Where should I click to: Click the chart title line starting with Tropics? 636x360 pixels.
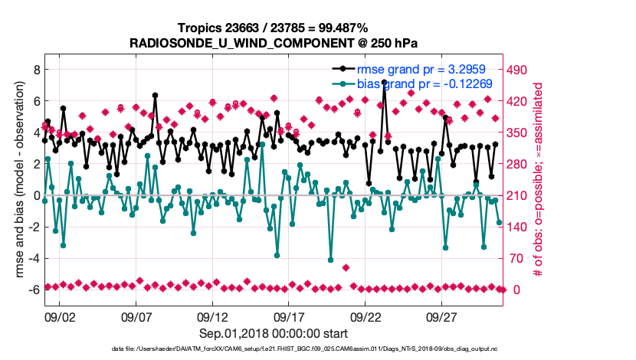point(274,28)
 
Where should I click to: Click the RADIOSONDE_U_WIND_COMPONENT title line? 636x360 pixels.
point(274,42)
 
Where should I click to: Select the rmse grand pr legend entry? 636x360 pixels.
point(418,70)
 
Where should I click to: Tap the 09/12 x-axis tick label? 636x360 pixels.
point(212,316)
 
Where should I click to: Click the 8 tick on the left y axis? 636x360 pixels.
point(35,70)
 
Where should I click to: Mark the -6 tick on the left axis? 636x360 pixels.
point(32,290)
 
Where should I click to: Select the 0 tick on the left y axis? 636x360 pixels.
point(35,195)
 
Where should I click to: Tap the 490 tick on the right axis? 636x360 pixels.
point(519,70)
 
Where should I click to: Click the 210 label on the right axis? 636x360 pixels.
point(519,195)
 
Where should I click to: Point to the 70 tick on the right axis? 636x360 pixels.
point(516,258)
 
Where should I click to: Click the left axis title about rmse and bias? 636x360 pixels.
point(15,180)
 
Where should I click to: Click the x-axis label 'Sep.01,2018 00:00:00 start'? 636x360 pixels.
point(274,333)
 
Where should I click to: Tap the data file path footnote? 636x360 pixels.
point(274,349)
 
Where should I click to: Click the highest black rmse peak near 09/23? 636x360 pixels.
point(384,82)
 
